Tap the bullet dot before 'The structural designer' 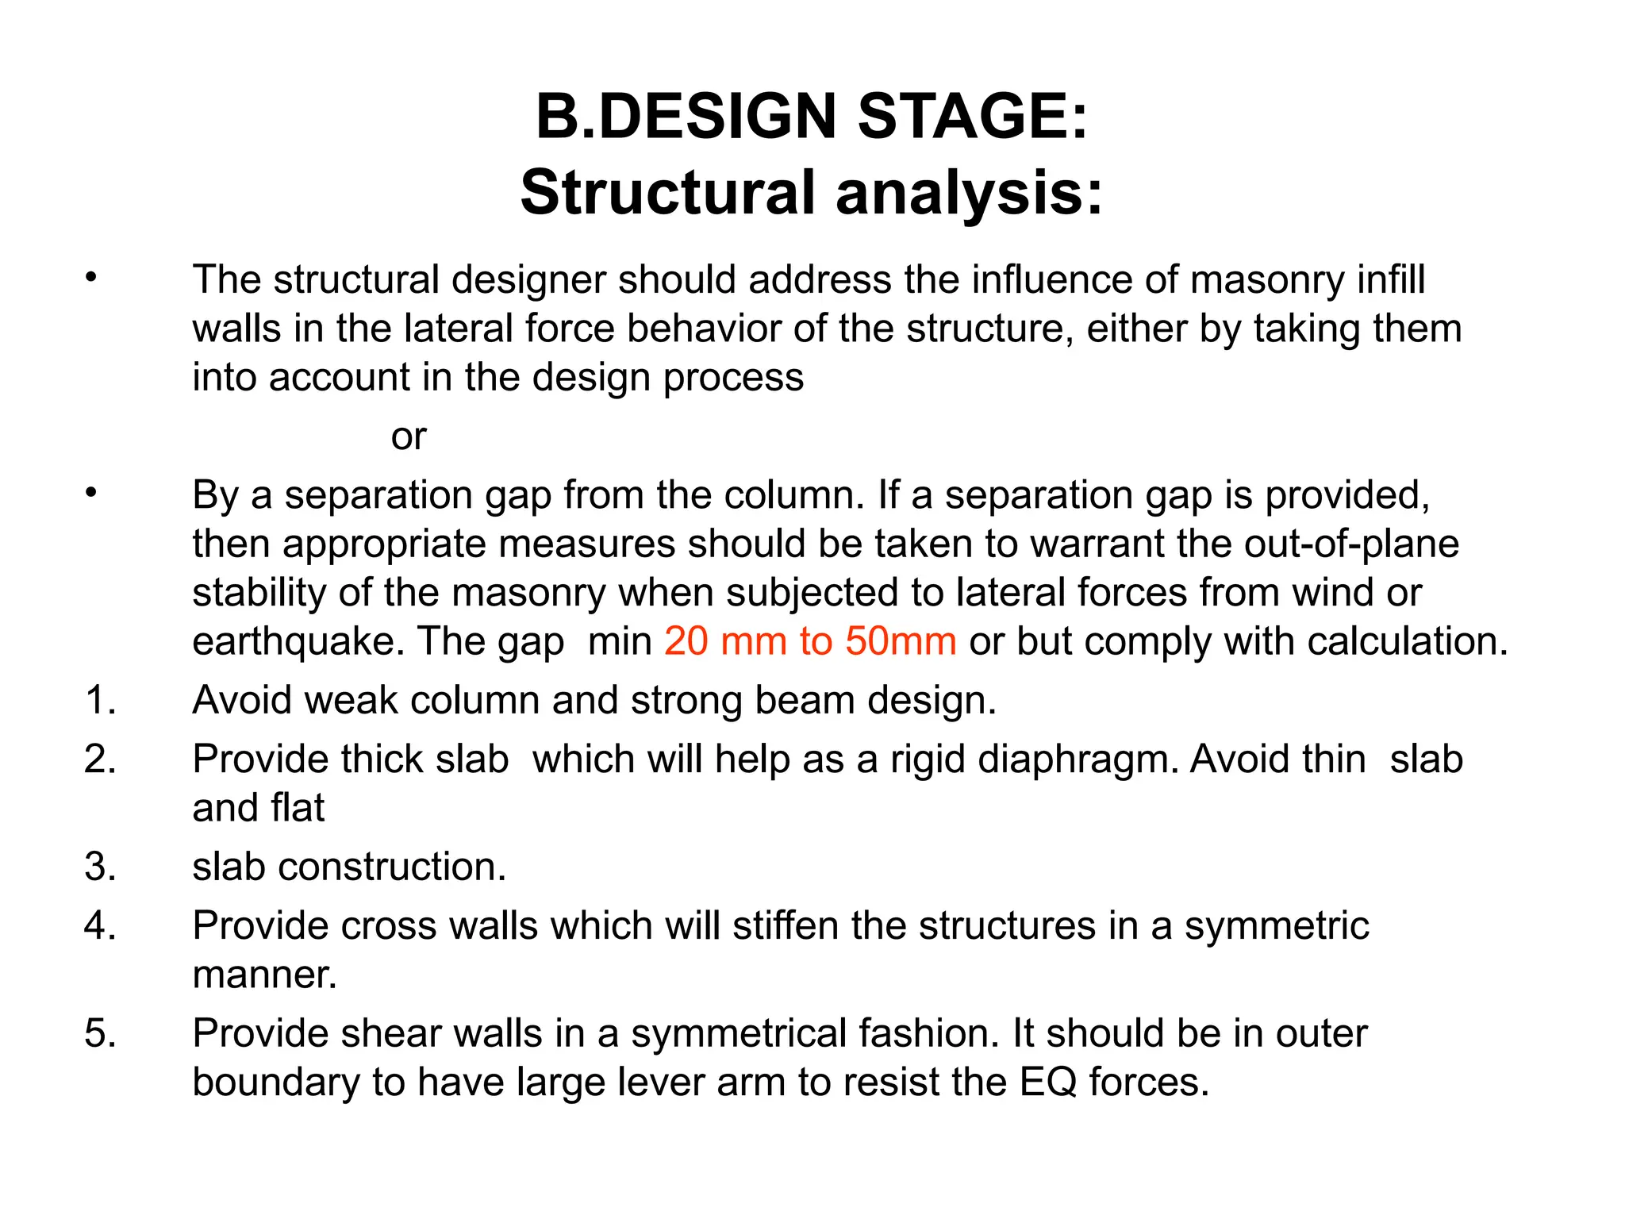pyautogui.click(x=91, y=278)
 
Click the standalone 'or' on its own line pyautogui.click(x=409, y=436)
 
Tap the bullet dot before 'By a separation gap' pyautogui.click(x=91, y=493)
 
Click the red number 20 pyautogui.click(x=686, y=641)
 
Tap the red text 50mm pyautogui.click(x=901, y=641)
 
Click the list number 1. pyautogui.click(x=100, y=701)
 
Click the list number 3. pyautogui.click(x=100, y=867)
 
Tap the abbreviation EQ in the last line pyautogui.click(x=1047, y=1082)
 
